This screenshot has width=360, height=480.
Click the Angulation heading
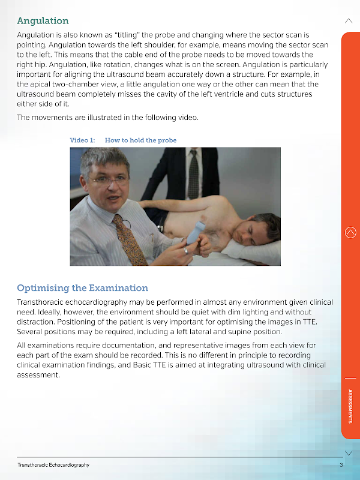(43, 21)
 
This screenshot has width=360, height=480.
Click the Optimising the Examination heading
(82, 288)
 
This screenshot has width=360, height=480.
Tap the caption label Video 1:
(82, 140)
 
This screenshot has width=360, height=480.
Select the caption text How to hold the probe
(140, 140)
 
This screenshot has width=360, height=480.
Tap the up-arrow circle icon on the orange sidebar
(351, 233)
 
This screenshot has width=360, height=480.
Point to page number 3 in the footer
(341, 465)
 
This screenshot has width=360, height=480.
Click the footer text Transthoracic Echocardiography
(53, 465)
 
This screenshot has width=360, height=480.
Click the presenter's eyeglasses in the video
(109, 179)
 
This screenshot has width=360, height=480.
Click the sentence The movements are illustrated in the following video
(107, 118)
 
